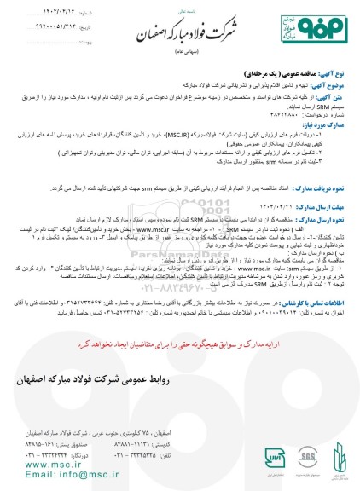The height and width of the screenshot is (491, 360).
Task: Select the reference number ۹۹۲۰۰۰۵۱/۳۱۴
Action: (58, 28)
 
